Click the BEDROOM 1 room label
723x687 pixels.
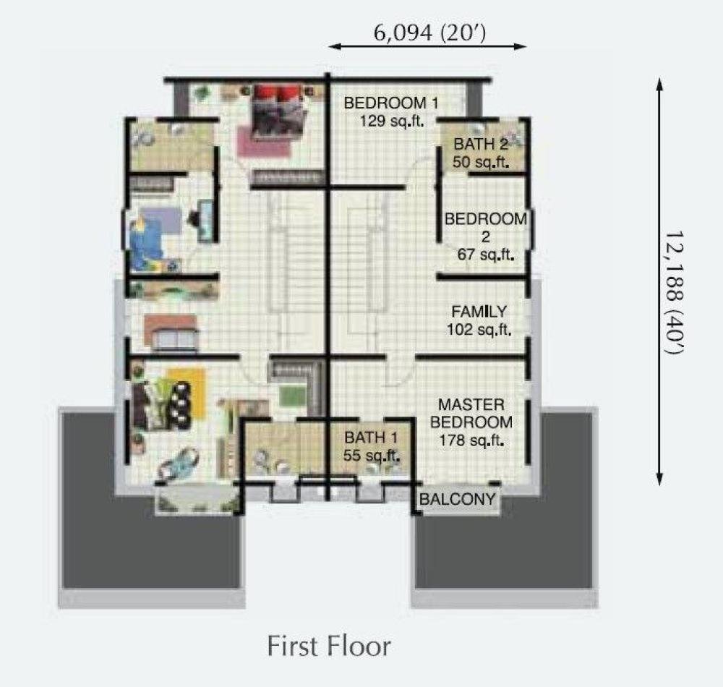click(391, 103)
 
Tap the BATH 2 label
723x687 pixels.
click(481, 145)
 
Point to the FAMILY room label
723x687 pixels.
click(479, 312)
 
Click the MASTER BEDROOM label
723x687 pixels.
click(471, 414)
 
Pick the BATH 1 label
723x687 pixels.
click(371, 438)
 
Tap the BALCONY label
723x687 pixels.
click(458, 499)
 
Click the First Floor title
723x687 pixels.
click(329, 646)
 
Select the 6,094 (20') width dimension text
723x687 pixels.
click(429, 33)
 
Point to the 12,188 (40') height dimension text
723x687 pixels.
click(673, 292)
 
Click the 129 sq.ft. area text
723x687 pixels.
click(392, 121)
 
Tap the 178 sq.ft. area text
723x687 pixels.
click(471, 441)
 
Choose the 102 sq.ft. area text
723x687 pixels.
click(479, 330)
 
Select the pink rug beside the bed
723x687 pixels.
click(264, 142)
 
